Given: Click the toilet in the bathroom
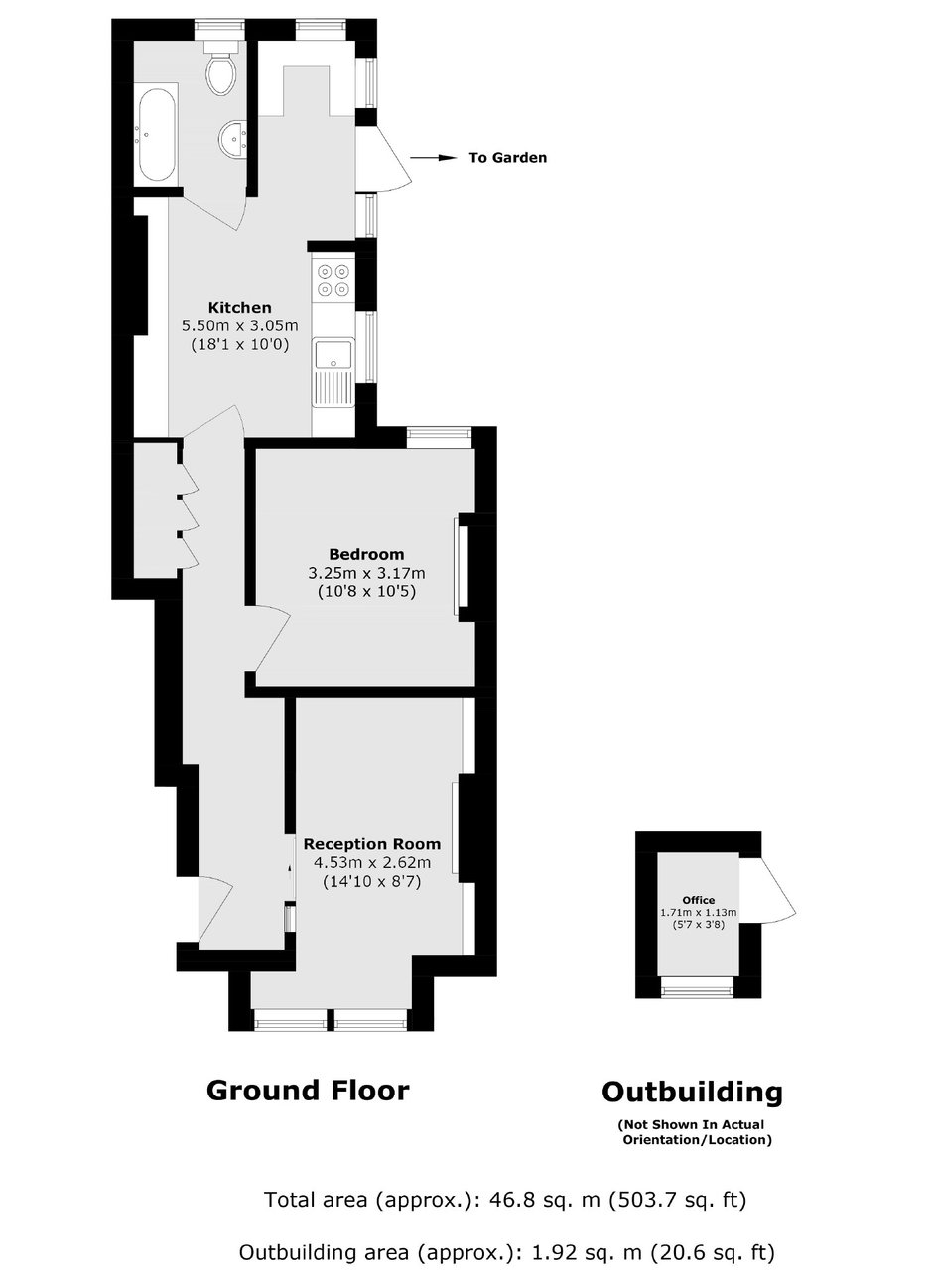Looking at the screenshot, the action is pyautogui.click(x=221, y=70).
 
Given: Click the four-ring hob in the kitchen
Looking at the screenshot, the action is pyautogui.click(x=333, y=280).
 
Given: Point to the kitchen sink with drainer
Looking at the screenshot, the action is pyautogui.click(x=333, y=372).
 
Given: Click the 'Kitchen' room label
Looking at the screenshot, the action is pyautogui.click(x=239, y=307).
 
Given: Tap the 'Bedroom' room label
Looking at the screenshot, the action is pyautogui.click(x=366, y=555).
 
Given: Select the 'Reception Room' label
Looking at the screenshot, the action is pyautogui.click(x=371, y=844).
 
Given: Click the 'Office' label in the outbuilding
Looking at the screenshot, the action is pyautogui.click(x=699, y=900).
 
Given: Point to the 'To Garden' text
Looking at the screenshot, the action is pyautogui.click(x=507, y=158).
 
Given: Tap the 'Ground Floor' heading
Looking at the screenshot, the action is pyautogui.click(x=308, y=1091).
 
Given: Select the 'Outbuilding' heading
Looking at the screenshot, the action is pyautogui.click(x=692, y=1092).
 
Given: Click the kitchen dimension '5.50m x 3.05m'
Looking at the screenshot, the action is pyautogui.click(x=240, y=326).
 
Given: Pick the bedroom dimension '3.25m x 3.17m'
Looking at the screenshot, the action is pyautogui.click(x=366, y=574).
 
